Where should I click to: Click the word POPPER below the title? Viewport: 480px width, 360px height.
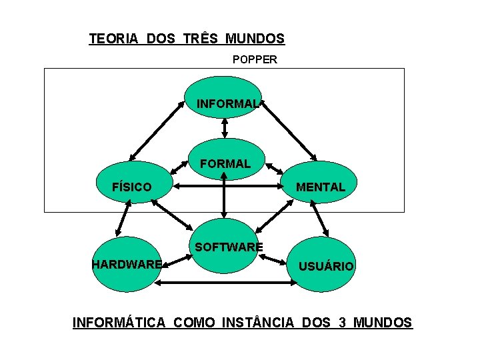tap(255, 59)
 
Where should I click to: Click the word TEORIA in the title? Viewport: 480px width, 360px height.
tap(113, 39)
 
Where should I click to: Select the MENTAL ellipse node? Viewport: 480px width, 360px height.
tap(321, 187)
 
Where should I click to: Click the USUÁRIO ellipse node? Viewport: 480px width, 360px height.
tap(326, 266)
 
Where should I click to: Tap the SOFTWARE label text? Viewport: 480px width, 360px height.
tap(228, 247)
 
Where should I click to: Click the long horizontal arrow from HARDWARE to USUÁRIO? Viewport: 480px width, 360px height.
tap(226, 283)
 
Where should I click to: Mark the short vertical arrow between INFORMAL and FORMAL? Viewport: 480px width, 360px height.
tap(225, 127)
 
